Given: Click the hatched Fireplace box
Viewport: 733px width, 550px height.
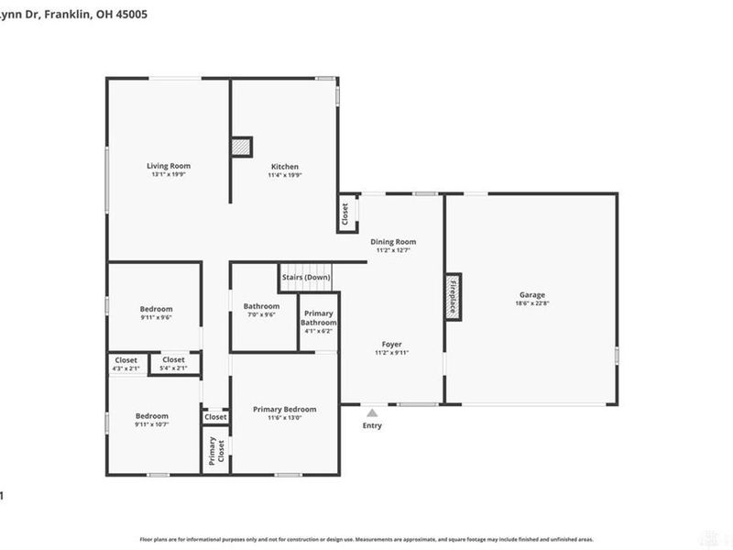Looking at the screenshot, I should tap(452, 296).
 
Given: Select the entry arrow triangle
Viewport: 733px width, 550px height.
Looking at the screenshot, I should tap(372, 413).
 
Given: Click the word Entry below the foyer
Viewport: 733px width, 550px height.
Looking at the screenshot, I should tap(372, 425).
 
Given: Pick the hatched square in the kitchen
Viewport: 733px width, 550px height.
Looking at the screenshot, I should tap(241, 148).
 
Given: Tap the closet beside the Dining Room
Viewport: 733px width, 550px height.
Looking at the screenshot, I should tap(345, 214).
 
